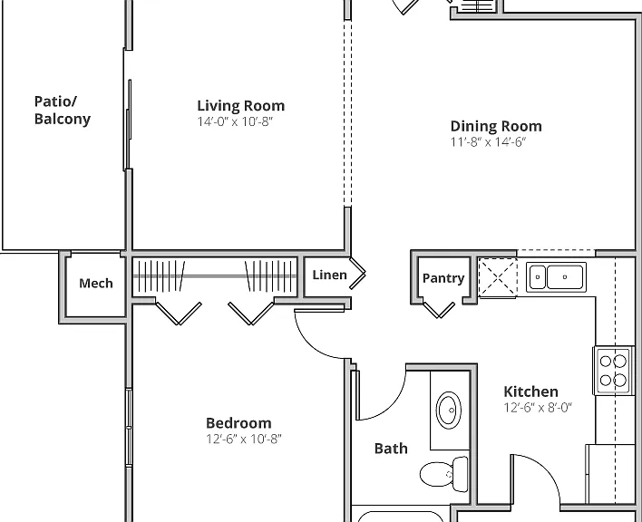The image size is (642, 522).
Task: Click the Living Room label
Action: [241, 105]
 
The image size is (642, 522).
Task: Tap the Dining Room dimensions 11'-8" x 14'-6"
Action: [488, 142]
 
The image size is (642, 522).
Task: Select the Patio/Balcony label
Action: [63, 110]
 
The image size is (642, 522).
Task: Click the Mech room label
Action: [96, 283]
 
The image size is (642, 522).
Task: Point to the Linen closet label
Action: [329, 275]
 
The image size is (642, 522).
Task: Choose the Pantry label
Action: [443, 278]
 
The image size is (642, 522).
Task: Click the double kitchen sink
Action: [556, 277]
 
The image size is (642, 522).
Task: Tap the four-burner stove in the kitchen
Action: [613, 371]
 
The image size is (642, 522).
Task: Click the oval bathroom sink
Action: [449, 409]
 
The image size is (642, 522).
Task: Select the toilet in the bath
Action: [444, 474]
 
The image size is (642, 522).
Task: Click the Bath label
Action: [391, 449]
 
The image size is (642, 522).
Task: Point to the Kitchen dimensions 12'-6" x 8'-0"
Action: [538, 408]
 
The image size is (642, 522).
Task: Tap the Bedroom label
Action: [238, 423]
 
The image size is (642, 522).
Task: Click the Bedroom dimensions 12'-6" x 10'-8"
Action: [244, 439]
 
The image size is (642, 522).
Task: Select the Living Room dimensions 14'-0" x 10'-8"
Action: [235, 121]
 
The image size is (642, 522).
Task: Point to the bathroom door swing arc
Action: [393, 405]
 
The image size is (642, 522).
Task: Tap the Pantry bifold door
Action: [439, 310]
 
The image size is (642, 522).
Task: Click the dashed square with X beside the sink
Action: [498, 277]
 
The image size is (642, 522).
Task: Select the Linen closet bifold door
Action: [357, 273]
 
